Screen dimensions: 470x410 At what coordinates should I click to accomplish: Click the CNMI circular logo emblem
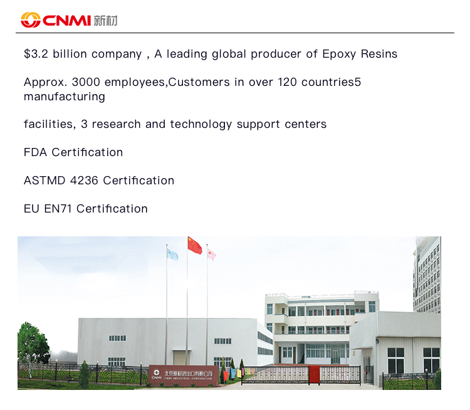(x=31, y=20)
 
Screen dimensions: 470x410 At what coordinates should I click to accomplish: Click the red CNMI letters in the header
(x=66, y=21)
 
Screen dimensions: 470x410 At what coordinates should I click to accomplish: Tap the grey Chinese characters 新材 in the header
(x=105, y=21)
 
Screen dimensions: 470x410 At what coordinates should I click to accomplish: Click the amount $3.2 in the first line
(x=36, y=54)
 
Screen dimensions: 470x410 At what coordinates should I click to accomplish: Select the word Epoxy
(x=339, y=55)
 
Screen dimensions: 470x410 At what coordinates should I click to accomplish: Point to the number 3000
(x=86, y=82)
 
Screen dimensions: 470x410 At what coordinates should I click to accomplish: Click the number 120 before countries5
(x=287, y=82)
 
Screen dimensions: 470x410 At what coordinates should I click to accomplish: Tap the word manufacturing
(x=65, y=97)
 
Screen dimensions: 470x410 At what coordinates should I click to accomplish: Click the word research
(x=117, y=124)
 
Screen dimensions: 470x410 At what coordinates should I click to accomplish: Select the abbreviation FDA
(x=35, y=152)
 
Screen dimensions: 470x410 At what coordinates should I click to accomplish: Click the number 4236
(x=84, y=181)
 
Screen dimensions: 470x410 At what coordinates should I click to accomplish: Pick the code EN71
(x=58, y=209)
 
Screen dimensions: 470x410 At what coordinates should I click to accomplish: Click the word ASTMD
(x=44, y=181)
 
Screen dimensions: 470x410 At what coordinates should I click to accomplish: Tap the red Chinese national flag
(x=194, y=245)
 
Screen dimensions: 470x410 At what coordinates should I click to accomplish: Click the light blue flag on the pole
(x=172, y=255)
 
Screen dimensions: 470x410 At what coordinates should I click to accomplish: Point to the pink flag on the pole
(x=211, y=255)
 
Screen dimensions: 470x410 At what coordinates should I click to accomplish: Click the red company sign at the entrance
(x=184, y=375)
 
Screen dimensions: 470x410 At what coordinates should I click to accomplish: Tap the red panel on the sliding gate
(x=314, y=374)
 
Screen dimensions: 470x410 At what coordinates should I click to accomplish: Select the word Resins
(x=379, y=54)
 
